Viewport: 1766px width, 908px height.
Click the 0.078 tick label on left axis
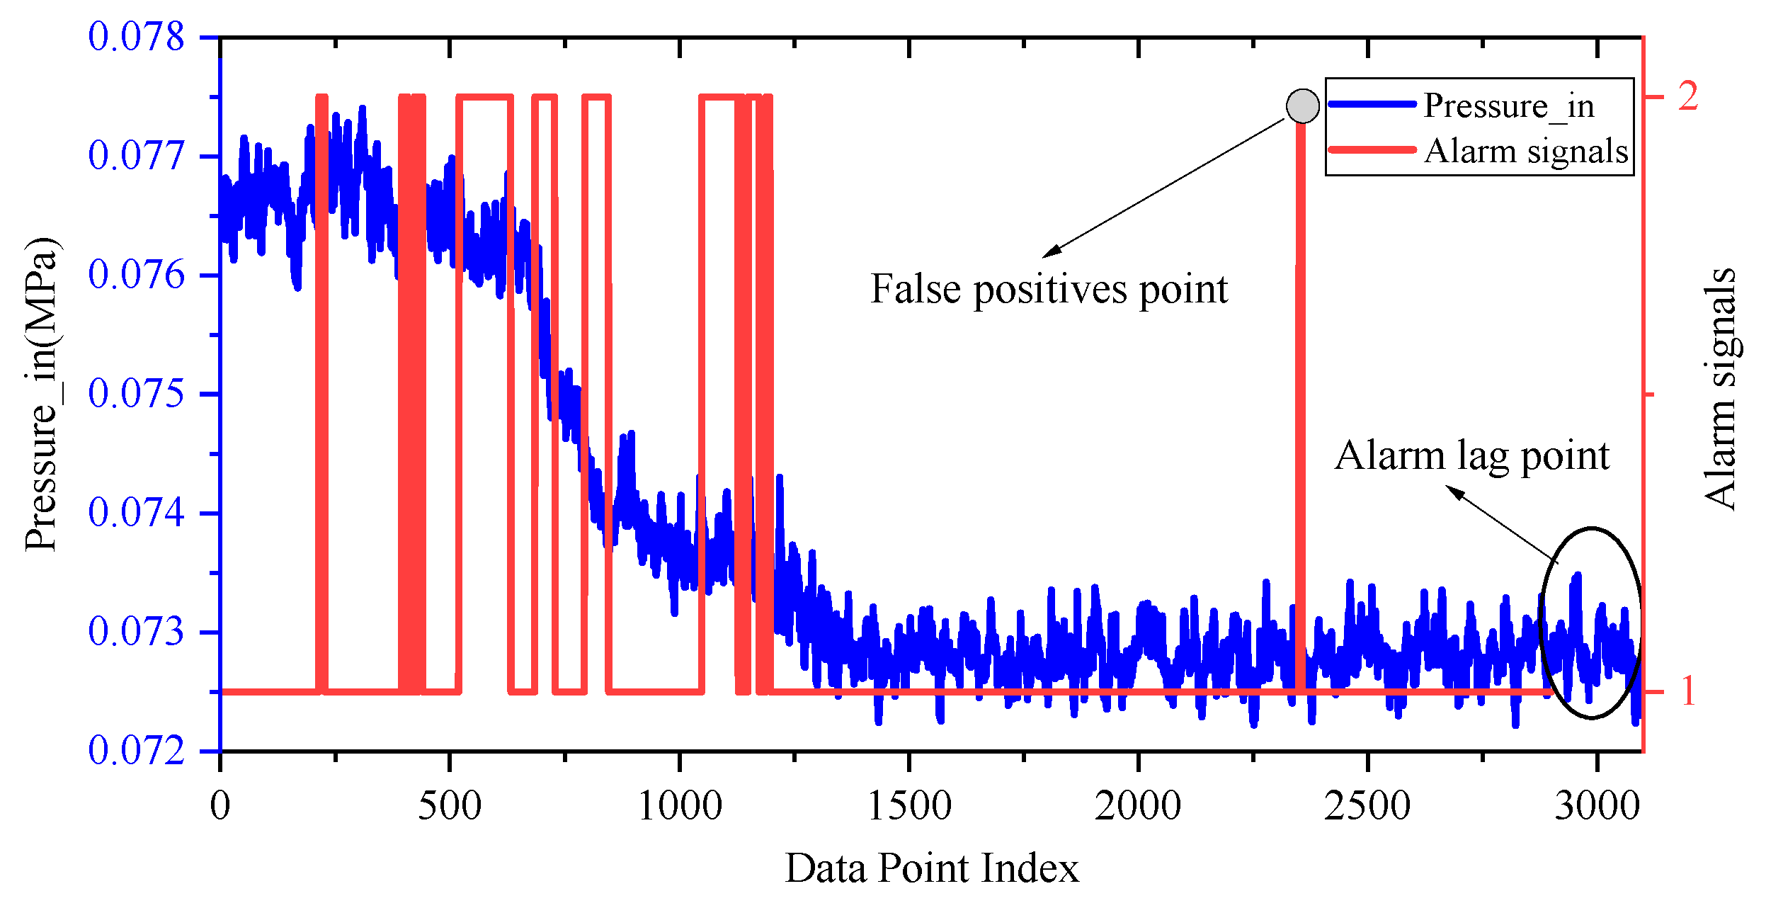click(136, 37)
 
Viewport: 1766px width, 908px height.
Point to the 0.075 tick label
click(136, 394)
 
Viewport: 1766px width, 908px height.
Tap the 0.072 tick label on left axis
click(136, 751)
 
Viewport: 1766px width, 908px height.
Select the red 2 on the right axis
click(1688, 96)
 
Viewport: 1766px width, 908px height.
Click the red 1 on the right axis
click(1688, 691)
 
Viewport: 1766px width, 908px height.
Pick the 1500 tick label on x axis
click(909, 807)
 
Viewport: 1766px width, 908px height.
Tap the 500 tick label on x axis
click(450, 807)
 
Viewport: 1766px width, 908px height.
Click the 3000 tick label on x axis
click(1597, 807)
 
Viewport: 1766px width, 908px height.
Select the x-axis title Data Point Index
click(932, 868)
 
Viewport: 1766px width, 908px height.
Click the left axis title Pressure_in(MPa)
click(41, 394)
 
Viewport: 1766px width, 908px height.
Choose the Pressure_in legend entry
click(1508, 106)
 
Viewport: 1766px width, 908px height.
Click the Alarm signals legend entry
click(1526, 152)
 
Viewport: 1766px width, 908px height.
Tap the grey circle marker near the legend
click(1303, 106)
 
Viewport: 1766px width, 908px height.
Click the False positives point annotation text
click(1049, 289)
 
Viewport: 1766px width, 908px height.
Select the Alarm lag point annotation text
click(1471, 455)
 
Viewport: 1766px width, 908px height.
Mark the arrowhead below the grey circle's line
click(1051, 251)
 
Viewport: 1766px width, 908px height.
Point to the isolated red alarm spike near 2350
click(1301, 397)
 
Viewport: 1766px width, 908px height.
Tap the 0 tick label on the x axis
click(220, 807)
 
